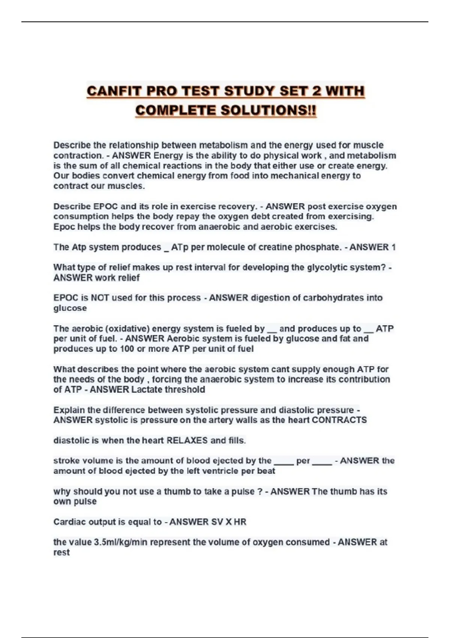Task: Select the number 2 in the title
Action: pyautogui.click(x=315, y=91)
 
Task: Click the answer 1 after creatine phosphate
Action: pyautogui.click(x=393, y=247)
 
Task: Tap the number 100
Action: pyautogui.click(x=127, y=349)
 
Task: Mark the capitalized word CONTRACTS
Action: pyautogui.click(x=339, y=420)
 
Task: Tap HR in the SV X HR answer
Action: pyautogui.click(x=240, y=522)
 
